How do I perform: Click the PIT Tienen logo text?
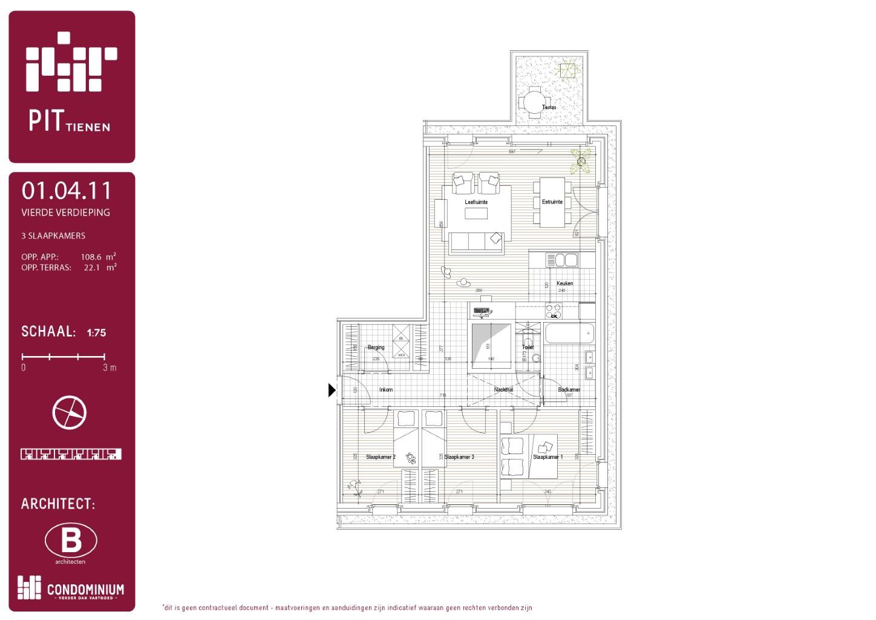[x=69, y=120]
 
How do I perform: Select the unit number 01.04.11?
[x=67, y=191]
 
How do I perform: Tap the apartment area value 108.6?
[x=91, y=257]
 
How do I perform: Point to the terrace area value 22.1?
[x=91, y=268]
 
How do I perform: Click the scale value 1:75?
[x=96, y=332]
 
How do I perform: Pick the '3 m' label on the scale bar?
[x=109, y=368]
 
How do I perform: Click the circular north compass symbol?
[x=70, y=412]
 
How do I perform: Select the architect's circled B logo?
[x=71, y=540]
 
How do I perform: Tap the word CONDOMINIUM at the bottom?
[x=85, y=590]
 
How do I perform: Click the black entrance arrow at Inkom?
[x=332, y=391]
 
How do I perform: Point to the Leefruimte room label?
[x=476, y=202]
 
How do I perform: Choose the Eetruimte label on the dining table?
[x=552, y=202]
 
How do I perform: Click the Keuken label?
[x=564, y=283]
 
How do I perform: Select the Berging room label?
[x=376, y=348]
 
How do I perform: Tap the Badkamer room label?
[x=569, y=390]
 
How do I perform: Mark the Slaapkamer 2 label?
[x=381, y=457]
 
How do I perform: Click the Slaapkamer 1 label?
[x=547, y=457]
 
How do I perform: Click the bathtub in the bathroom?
[x=569, y=334]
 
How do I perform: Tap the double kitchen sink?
[x=563, y=260]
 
